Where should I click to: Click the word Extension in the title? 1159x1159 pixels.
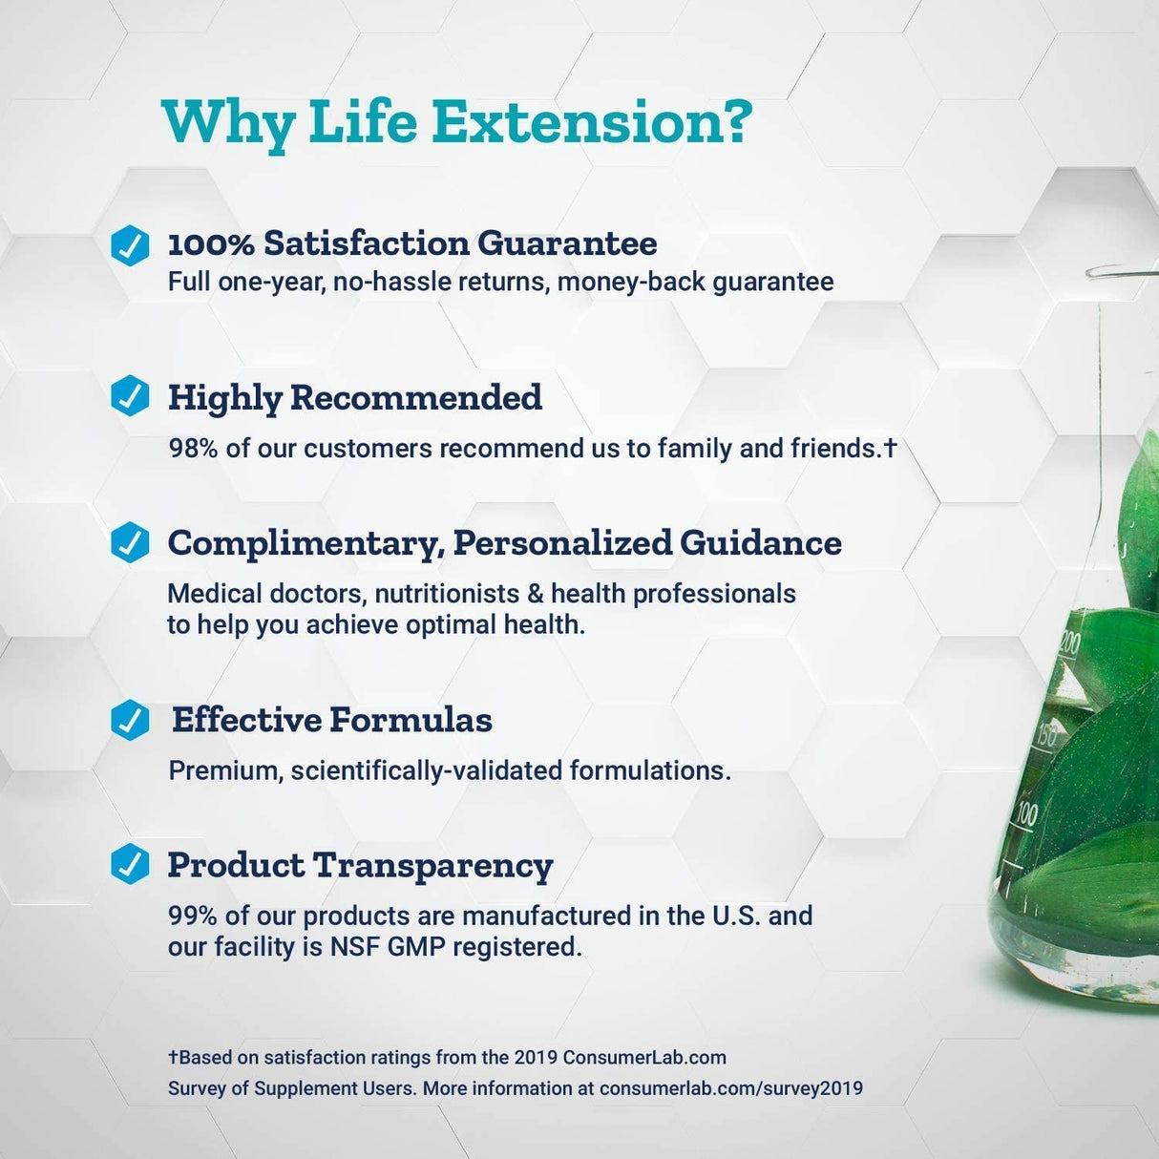pos(592,122)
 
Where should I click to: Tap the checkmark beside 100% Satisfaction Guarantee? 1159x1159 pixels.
pos(130,244)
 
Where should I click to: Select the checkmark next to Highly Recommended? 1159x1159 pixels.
pos(130,396)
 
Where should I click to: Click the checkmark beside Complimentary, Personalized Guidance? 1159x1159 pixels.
pos(130,542)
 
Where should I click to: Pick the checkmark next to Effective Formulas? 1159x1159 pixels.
pos(130,720)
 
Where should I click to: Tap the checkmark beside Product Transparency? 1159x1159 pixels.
pos(130,864)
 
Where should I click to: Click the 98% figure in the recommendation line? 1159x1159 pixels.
pos(193,449)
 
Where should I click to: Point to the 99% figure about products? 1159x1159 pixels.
pos(193,916)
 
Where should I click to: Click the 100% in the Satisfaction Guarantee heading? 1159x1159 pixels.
pos(211,244)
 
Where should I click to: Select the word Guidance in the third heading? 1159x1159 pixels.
pos(761,542)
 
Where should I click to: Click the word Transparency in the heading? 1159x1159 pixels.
pos(433,865)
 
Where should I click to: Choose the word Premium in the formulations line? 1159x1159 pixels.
pos(224,770)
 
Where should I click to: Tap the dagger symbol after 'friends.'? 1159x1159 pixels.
pos(890,448)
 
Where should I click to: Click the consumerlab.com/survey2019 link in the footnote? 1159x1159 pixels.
pos(730,1088)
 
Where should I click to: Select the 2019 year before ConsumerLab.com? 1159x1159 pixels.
pos(536,1058)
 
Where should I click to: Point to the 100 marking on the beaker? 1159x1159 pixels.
pos(1026,814)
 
